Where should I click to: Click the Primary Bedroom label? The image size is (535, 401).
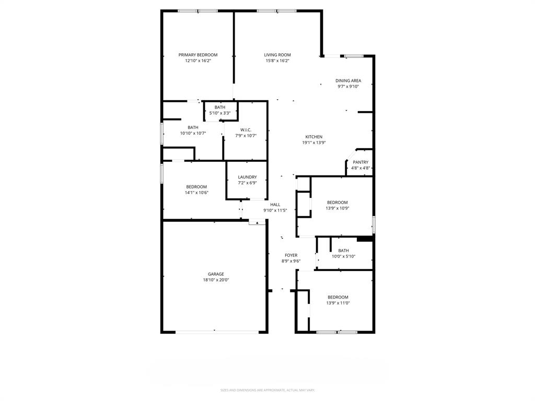197,55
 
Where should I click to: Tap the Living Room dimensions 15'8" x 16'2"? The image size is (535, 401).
277,61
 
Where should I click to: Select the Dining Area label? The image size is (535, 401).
348,80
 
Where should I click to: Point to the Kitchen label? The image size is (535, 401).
313,137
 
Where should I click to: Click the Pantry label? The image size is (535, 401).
360,162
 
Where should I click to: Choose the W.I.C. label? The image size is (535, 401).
246,130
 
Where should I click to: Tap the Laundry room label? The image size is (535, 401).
247,177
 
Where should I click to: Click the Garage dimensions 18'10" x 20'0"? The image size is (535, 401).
216,280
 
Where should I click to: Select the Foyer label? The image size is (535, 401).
291,255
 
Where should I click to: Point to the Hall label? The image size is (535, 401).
275,205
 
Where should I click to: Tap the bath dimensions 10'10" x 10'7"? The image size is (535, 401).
193,133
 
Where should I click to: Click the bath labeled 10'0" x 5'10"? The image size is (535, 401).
343,251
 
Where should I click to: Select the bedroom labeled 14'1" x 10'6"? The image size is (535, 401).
196,187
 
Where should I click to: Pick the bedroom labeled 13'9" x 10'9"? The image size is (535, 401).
337,203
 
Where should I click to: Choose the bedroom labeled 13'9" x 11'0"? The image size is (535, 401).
337,297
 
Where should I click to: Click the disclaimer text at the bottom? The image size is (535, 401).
267,390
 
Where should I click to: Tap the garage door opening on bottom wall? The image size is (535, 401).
216,331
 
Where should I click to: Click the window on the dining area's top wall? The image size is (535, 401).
354,56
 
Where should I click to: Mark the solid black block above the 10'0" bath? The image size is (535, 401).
365,239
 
